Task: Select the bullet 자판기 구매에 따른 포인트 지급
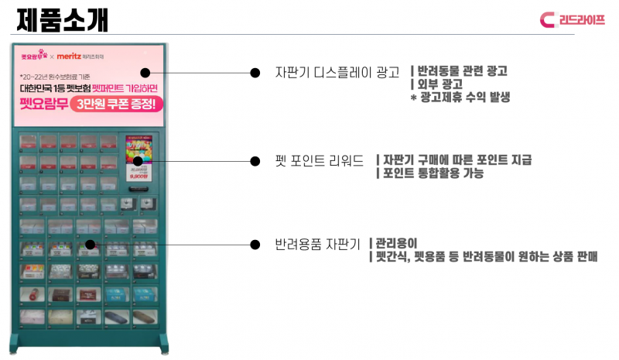pos(457,160)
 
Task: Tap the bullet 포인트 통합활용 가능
pos(433,173)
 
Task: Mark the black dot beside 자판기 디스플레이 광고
pos(255,73)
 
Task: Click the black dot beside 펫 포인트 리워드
pos(255,161)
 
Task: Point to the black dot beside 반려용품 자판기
pos(255,244)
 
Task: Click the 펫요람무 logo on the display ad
pos(35,57)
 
